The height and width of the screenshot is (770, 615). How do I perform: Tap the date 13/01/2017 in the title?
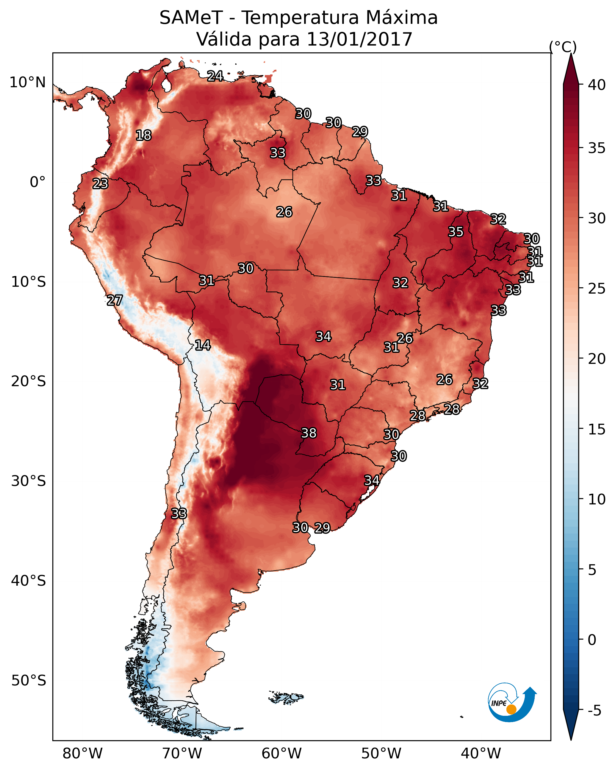359,39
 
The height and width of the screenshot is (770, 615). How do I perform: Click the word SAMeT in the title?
191,18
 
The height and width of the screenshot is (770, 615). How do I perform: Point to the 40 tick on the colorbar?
597,85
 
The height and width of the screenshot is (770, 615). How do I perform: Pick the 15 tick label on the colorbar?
597,429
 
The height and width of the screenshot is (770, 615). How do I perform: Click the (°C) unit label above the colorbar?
563,47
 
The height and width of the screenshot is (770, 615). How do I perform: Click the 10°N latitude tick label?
27,82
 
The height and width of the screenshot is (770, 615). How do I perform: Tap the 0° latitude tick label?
37,182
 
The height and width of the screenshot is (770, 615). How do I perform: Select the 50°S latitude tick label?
29,680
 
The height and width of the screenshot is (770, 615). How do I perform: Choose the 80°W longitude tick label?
82,753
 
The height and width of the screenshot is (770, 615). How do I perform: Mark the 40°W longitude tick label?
481,753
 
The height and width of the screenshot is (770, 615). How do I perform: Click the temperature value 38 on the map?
309,433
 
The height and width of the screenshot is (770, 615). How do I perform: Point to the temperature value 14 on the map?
203,345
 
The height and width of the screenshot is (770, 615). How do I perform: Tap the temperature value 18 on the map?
143,135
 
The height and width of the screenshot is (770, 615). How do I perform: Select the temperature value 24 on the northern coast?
215,76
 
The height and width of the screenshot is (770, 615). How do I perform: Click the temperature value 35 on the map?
456,231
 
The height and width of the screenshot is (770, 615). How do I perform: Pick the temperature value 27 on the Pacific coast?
115,300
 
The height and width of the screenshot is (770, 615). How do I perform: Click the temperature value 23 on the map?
100,184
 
